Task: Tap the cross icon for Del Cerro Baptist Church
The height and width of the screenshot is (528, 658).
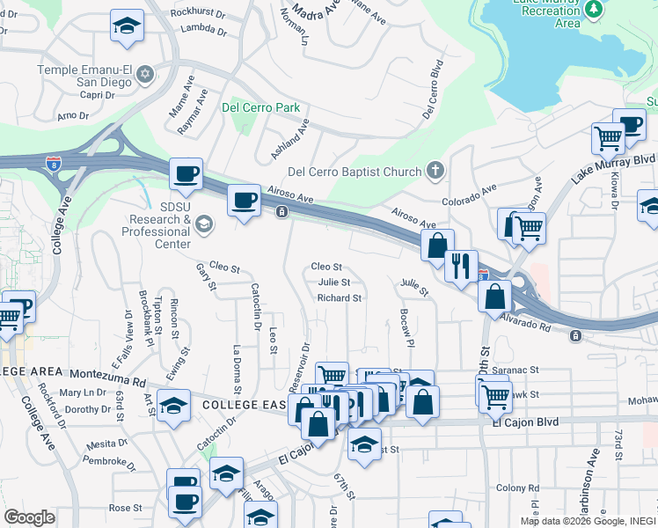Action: point(435,170)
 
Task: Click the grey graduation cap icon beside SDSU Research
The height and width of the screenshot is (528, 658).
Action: point(205,224)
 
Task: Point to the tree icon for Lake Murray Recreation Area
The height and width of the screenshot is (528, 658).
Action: point(596,8)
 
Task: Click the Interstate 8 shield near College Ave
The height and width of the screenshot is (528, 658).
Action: point(54,164)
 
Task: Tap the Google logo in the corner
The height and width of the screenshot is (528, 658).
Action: point(29,517)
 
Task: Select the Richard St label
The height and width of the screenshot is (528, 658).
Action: point(340,298)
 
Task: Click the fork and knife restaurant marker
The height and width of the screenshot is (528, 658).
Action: point(461,264)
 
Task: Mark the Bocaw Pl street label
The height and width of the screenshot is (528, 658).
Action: point(406,325)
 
